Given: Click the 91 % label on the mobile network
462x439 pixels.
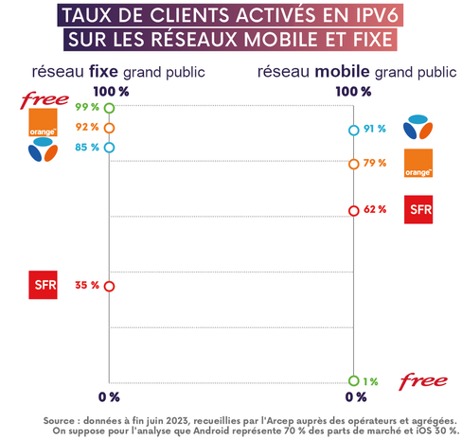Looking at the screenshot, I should [x=375, y=130].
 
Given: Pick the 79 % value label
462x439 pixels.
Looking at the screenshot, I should [x=375, y=163].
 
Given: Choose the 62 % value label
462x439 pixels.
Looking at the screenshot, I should [x=375, y=209].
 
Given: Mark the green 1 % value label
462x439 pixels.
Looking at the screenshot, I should [x=371, y=381].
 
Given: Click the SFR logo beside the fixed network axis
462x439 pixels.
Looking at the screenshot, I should [x=44, y=283].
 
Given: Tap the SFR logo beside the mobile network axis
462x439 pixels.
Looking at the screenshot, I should [x=418, y=208].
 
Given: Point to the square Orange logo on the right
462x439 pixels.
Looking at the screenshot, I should [x=418, y=163].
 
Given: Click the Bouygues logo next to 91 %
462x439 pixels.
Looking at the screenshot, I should [x=418, y=127].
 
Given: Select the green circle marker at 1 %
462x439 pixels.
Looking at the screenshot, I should [x=353, y=380].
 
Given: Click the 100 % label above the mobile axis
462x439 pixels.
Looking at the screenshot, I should [x=354, y=91].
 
